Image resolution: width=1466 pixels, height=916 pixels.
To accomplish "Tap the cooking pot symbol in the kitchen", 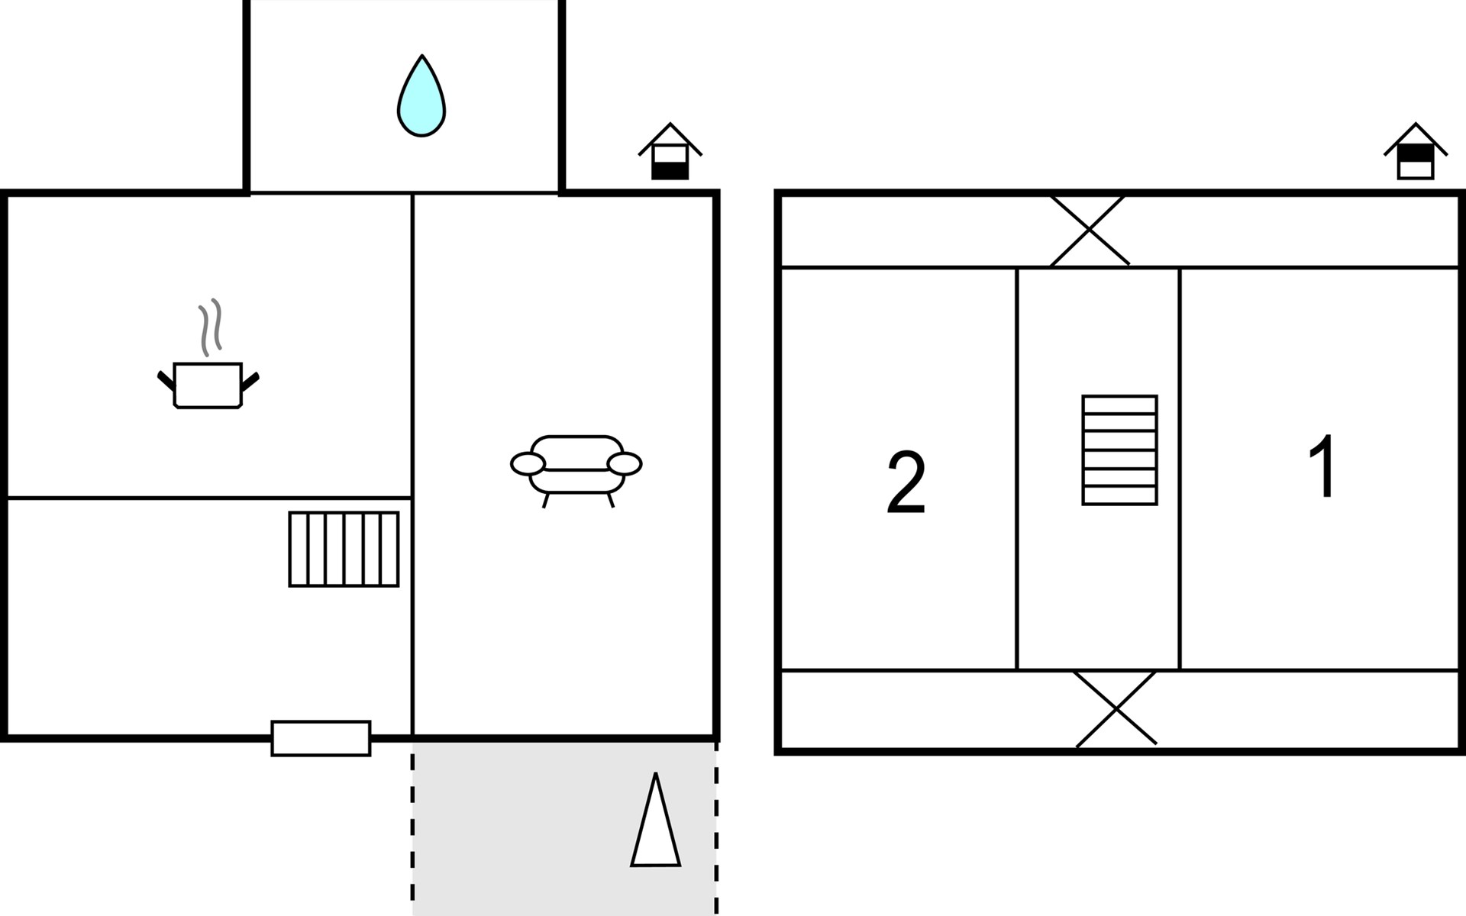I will [x=208, y=385].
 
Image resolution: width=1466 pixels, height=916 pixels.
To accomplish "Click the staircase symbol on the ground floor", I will [x=344, y=549].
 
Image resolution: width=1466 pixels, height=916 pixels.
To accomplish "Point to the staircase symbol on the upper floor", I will [x=1119, y=450].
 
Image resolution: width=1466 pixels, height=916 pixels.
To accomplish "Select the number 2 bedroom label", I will [x=906, y=482].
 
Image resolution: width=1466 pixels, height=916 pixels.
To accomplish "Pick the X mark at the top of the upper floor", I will [x=1089, y=230].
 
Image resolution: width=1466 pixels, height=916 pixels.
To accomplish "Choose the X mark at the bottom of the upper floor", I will [x=1116, y=709].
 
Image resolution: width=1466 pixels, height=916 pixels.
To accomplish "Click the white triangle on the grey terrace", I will [x=655, y=828].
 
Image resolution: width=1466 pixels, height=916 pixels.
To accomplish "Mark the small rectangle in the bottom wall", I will [x=321, y=738].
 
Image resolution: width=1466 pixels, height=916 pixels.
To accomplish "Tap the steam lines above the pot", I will [x=211, y=326].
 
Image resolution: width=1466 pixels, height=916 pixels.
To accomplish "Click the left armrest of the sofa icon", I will [x=528, y=463].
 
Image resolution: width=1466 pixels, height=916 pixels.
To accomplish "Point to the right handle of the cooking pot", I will [x=250, y=379].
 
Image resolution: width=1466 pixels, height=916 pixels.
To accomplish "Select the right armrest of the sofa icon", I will [x=625, y=463].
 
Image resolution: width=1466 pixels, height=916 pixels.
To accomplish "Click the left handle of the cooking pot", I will [x=166, y=379].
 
